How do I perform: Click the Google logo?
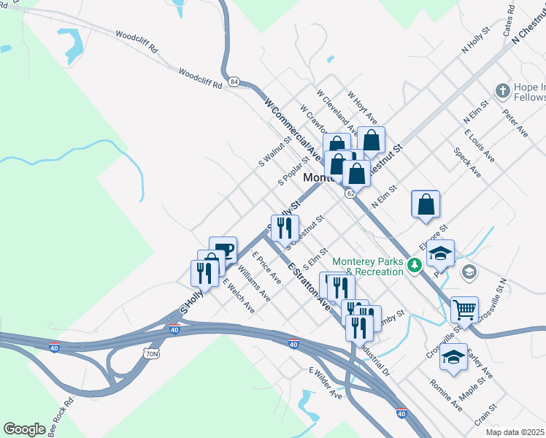[x=24, y=429]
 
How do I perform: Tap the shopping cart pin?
[x=464, y=310]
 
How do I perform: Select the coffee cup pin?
[x=223, y=250]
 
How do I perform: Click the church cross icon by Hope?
[x=502, y=91]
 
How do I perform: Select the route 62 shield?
[x=351, y=193]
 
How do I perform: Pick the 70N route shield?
[x=151, y=353]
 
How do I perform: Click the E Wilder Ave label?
[x=326, y=383]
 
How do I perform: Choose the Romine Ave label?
[x=445, y=394]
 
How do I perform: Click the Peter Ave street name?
[x=515, y=123]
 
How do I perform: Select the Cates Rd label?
[x=510, y=23]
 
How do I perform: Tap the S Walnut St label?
[x=274, y=150]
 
